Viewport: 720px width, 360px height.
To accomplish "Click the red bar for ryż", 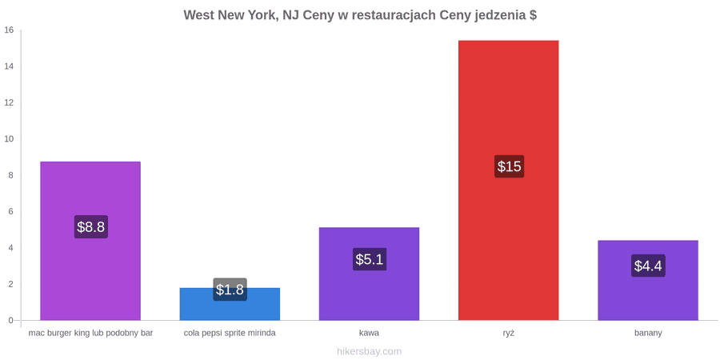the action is click(508, 180).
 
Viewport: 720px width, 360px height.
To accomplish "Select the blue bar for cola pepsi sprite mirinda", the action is click(230, 304).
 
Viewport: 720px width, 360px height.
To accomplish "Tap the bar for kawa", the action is click(369, 274).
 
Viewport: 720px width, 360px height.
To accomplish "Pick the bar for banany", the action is click(648, 280).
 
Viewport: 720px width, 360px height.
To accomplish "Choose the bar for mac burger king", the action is click(90, 241).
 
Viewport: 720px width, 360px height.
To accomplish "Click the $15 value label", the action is click(509, 166).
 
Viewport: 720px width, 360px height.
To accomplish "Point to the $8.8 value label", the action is click(91, 227).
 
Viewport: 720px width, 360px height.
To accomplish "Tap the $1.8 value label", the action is click(230, 290).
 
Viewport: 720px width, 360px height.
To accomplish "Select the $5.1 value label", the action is click(369, 259).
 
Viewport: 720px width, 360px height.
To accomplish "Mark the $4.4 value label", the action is click(648, 266).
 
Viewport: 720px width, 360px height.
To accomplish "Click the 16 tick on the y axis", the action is click(10, 30).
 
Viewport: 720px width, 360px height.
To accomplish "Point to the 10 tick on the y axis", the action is click(10, 139).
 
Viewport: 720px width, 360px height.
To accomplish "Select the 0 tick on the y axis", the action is click(12, 321).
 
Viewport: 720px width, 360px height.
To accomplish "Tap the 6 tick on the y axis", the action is click(12, 212).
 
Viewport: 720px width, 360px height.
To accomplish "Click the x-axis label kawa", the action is click(369, 333).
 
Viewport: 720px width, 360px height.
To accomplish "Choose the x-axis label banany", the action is click(648, 334).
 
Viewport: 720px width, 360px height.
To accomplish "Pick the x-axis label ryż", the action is click(508, 334).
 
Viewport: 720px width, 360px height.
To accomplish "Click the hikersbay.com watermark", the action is click(369, 352).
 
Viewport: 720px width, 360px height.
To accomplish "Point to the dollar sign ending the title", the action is click(533, 15).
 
